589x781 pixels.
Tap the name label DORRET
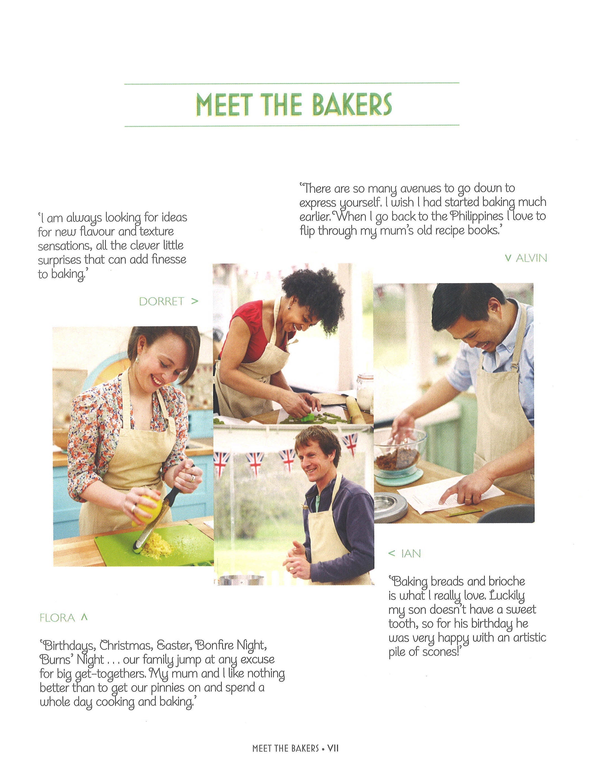162,301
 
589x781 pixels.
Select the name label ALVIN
531,258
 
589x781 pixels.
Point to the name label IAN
411,553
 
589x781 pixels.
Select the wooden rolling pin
354,409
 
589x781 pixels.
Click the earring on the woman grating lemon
137,360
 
